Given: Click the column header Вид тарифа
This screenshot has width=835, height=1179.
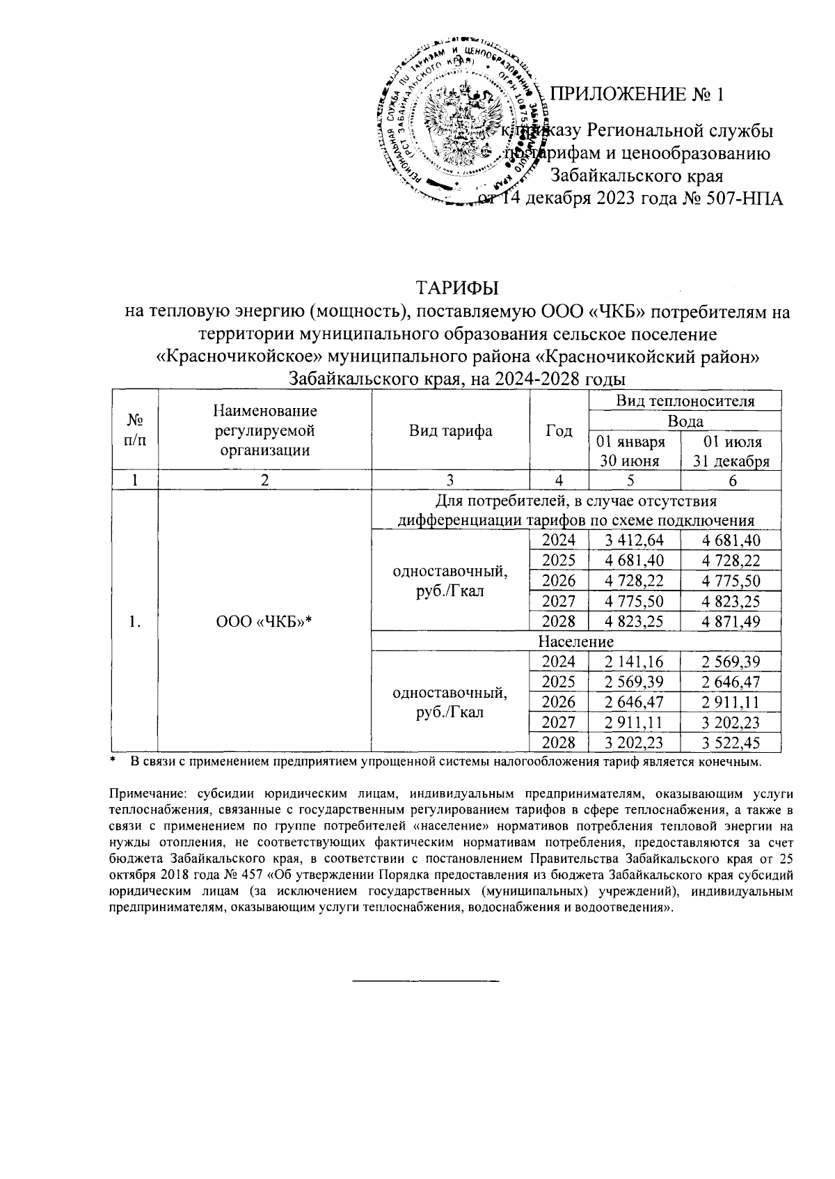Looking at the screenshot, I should coord(450,430).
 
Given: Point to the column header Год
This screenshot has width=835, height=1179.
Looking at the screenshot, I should coord(559,430).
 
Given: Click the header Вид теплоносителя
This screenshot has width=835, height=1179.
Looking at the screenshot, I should coord(685,401).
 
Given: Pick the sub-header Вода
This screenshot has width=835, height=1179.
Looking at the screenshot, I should coord(685,421).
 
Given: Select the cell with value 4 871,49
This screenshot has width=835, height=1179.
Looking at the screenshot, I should coord(731,620).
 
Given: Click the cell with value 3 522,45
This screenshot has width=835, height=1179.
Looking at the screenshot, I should coord(731,742).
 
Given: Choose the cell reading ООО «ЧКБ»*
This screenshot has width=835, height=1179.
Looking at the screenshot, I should coord(264,622).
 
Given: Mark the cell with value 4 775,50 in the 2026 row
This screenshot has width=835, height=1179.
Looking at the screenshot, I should coord(731,581).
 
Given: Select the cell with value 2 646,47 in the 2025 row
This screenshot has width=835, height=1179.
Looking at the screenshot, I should coord(731,682).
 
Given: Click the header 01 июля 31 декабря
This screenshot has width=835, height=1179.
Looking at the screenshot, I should coord(731,451).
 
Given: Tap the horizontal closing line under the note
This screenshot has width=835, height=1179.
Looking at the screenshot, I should coord(427,981).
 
